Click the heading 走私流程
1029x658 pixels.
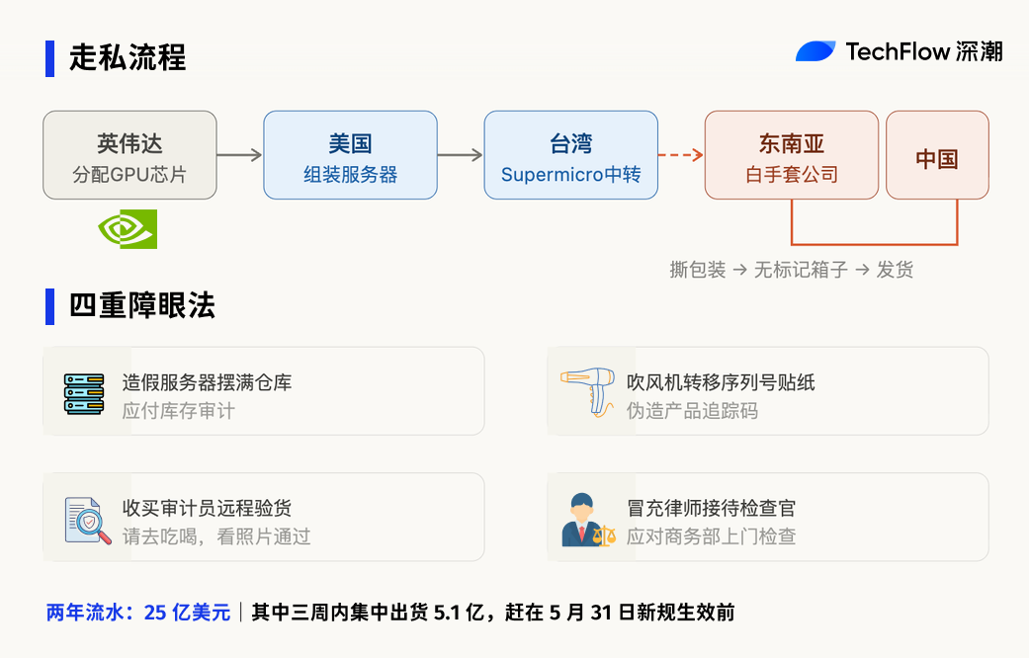127,57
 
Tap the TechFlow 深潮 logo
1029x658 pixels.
899,51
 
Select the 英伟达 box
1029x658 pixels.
129,155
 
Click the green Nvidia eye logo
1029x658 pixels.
128,229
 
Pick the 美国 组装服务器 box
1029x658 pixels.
350,155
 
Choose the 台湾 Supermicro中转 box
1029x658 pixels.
570,155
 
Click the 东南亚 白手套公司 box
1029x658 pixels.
791,155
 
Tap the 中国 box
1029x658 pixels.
936,155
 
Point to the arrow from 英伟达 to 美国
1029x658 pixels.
239,155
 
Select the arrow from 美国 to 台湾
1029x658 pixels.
460,155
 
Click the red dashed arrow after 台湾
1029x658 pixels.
680,155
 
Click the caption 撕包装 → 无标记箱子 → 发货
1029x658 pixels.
791,270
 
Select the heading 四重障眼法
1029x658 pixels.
141,305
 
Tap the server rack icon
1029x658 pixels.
84,393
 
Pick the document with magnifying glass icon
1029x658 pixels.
87,519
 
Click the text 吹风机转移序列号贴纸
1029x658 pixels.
721,382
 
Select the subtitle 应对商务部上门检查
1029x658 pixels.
711,536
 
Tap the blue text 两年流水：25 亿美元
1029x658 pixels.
137,613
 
